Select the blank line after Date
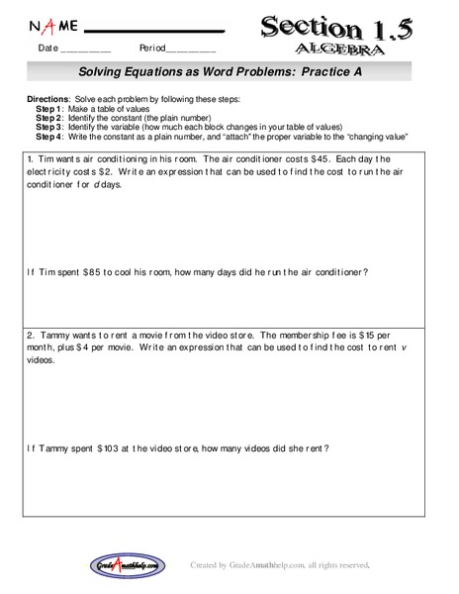[86, 49]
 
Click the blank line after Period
[191, 49]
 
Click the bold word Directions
[44, 101]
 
